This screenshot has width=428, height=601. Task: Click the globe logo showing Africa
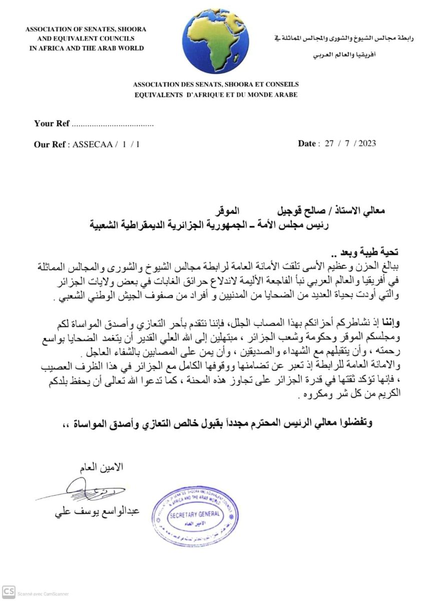pyautogui.click(x=208, y=41)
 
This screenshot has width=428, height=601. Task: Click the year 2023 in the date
pyautogui.click(x=366, y=144)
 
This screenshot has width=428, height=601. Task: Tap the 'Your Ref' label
pyautogui.click(x=51, y=124)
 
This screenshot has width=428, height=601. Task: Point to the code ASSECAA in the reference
pyautogui.click(x=91, y=144)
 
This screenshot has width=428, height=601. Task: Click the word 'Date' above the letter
pyautogui.click(x=306, y=144)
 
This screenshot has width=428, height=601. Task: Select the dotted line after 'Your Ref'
pyautogui.click(x=112, y=124)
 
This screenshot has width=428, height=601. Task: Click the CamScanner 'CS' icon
pyautogui.click(x=9, y=591)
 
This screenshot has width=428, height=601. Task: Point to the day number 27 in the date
pyautogui.click(x=329, y=144)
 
